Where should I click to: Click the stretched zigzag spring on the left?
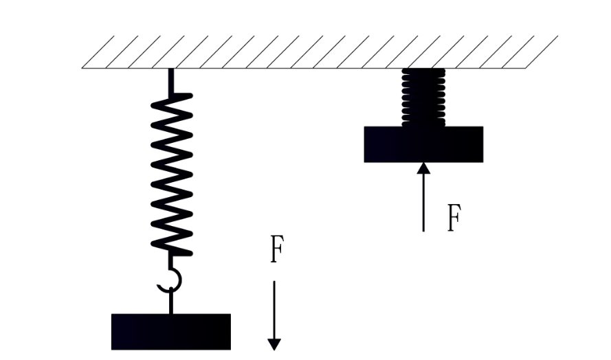click(x=171, y=172)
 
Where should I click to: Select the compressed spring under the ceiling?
click(x=423, y=96)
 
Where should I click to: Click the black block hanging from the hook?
click(x=171, y=332)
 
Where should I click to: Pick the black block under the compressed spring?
click(x=423, y=144)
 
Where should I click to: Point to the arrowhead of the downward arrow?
click(x=274, y=344)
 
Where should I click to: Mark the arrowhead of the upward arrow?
click(x=423, y=168)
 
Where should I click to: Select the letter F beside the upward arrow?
click(x=452, y=219)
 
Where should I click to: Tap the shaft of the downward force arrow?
click(x=274, y=309)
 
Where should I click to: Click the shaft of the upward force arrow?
click(x=423, y=203)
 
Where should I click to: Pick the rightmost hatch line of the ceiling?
click(x=541, y=52)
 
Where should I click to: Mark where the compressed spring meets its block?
click(x=423, y=126)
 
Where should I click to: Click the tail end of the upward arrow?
click(x=423, y=230)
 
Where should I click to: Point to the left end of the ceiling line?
click(x=83, y=68)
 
